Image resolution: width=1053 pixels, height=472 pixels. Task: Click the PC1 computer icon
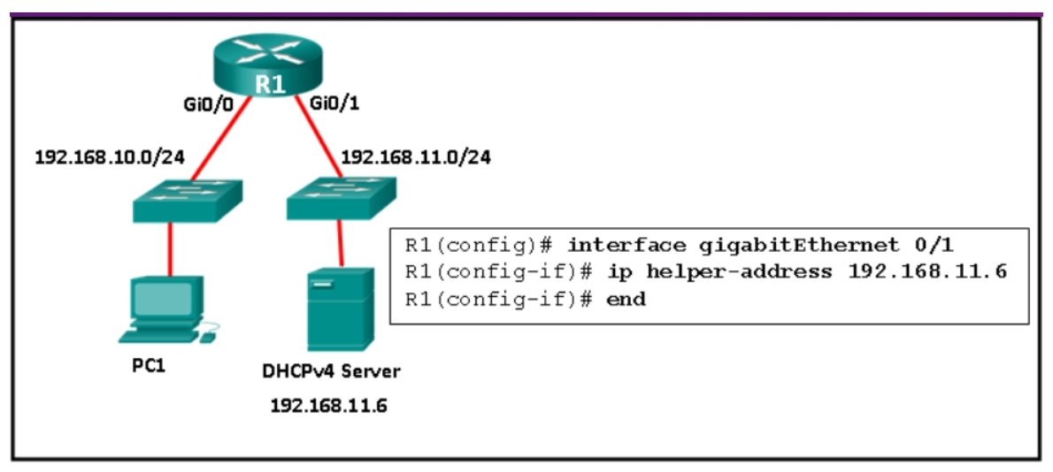167,309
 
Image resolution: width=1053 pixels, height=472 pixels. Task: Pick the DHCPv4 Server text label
331,371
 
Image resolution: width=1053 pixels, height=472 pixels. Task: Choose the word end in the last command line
626,300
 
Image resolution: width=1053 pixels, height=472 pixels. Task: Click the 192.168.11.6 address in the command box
927,271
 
